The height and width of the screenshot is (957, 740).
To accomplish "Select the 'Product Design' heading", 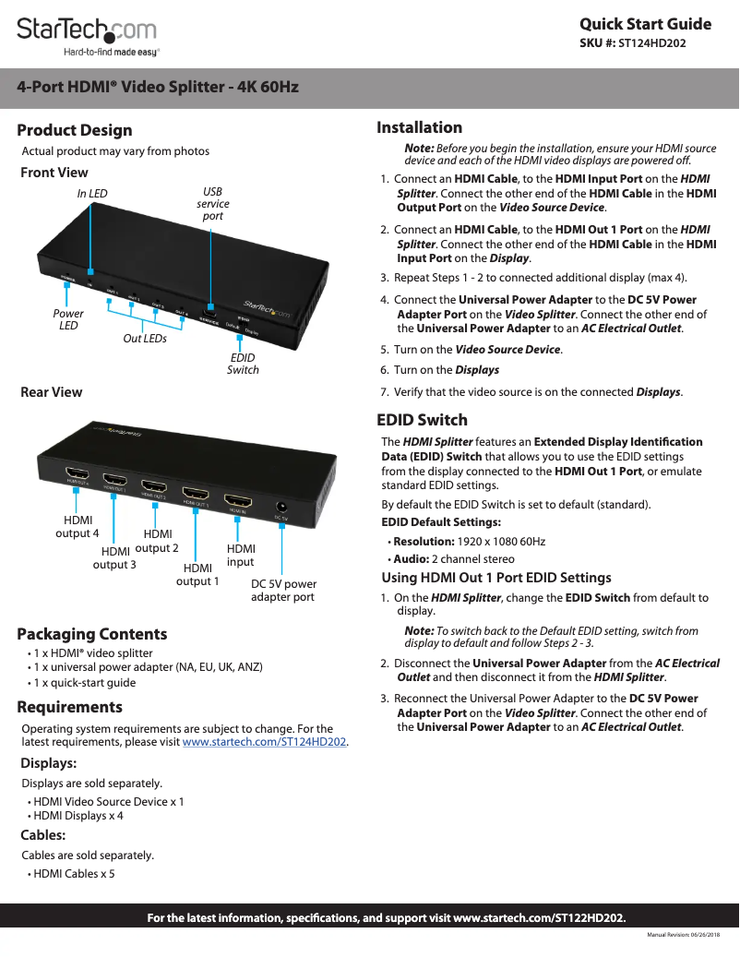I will point(75,130).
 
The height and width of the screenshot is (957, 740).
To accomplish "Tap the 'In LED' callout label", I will point(92,193).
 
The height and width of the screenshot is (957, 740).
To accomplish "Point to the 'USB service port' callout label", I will point(213,204).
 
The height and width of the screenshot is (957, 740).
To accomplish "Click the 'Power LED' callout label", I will point(66,319).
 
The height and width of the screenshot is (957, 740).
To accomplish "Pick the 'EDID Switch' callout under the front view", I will point(243,364).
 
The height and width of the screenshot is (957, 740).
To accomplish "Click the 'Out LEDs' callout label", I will point(145,339).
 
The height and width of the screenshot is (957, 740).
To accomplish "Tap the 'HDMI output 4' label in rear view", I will point(78,527).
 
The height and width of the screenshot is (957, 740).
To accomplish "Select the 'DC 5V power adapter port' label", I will point(283,591).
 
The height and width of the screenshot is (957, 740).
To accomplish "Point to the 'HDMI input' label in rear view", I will point(241,555).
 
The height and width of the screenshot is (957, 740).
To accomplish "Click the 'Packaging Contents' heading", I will point(92,634).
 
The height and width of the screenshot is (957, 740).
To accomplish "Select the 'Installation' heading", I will point(420,127).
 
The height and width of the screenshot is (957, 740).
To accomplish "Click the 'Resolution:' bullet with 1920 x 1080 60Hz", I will point(467,541).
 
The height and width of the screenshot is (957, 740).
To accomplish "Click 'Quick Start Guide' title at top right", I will point(645,24).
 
